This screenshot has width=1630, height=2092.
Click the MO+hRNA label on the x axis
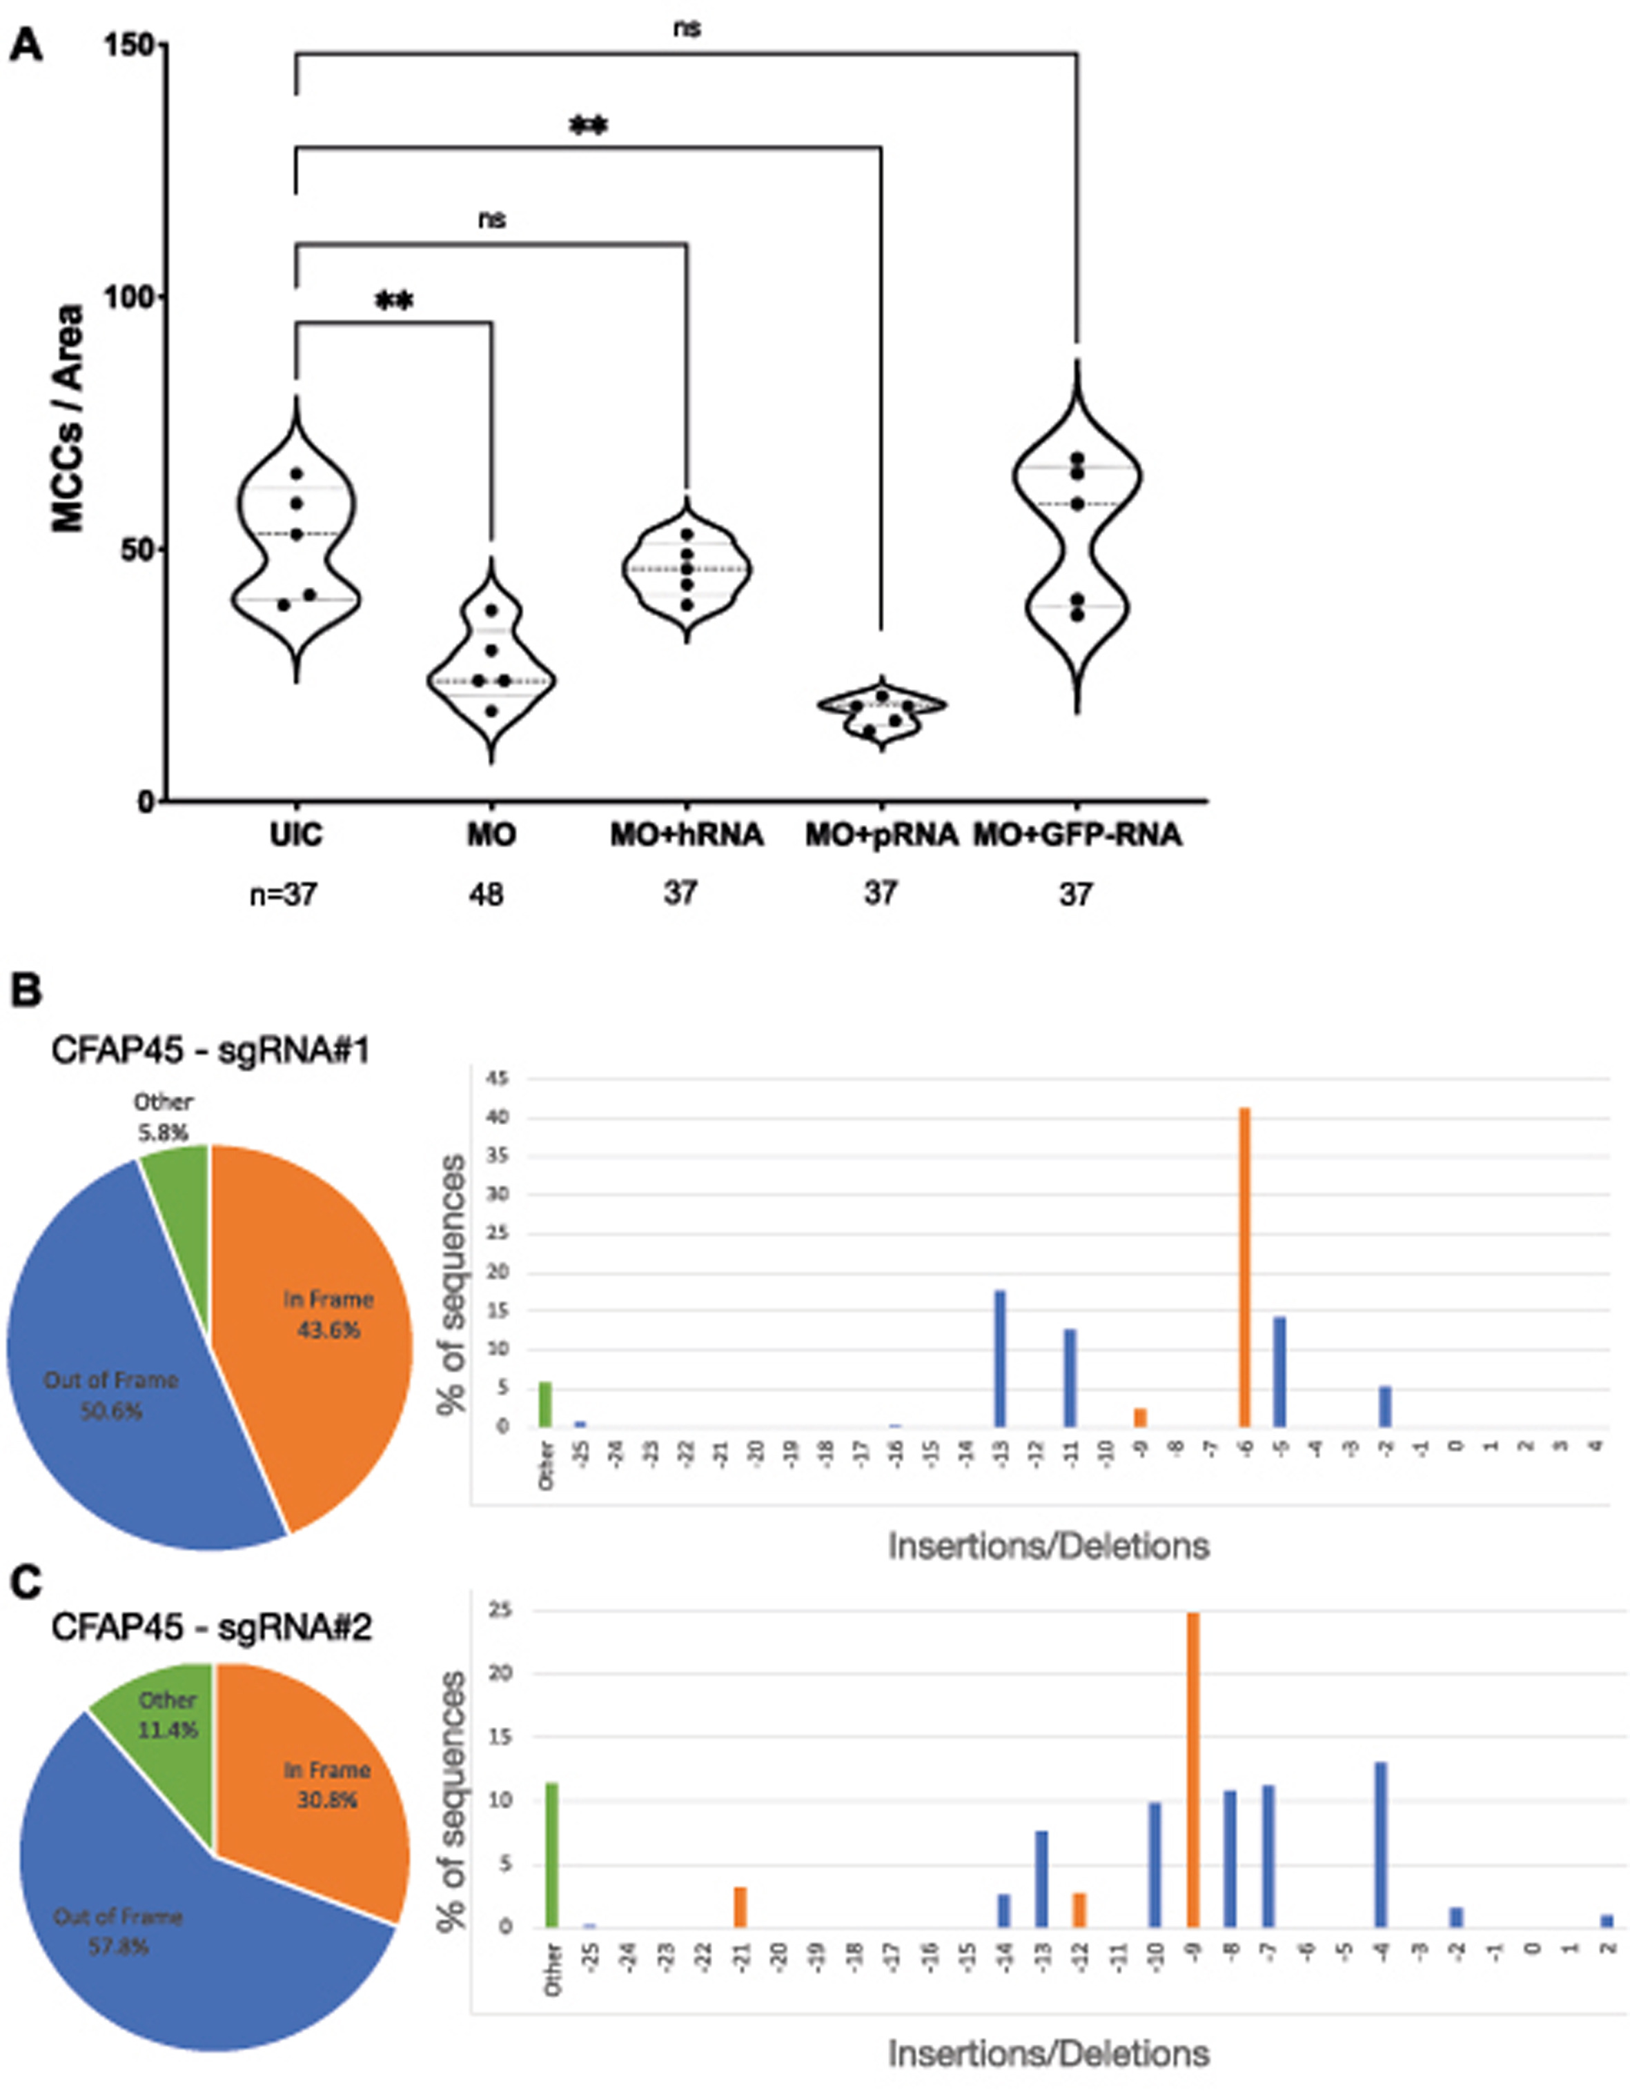click(686, 835)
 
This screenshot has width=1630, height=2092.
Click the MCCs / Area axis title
click(69, 419)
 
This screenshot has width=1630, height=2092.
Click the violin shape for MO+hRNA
click(686, 569)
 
